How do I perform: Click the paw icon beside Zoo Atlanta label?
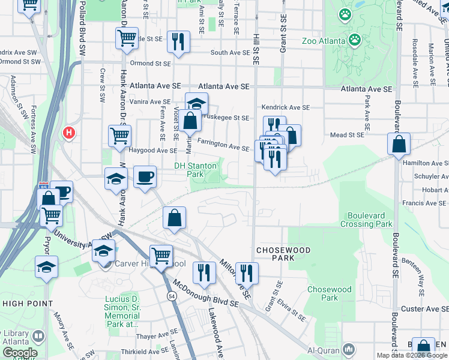[x=355, y=40]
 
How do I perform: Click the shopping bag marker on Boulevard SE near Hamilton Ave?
[x=399, y=145]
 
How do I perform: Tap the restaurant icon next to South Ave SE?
[x=178, y=41]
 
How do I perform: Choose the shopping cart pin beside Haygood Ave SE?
[x=119, y=136]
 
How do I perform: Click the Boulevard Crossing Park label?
[x=366, y=220]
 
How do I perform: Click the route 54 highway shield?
[x=172, y=296]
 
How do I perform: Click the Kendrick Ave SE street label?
[x=285, y=107]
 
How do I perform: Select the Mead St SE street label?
[x=347, y=136]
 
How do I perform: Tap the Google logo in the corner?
[x=19, y=353]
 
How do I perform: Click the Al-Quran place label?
[x=324, y=350]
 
